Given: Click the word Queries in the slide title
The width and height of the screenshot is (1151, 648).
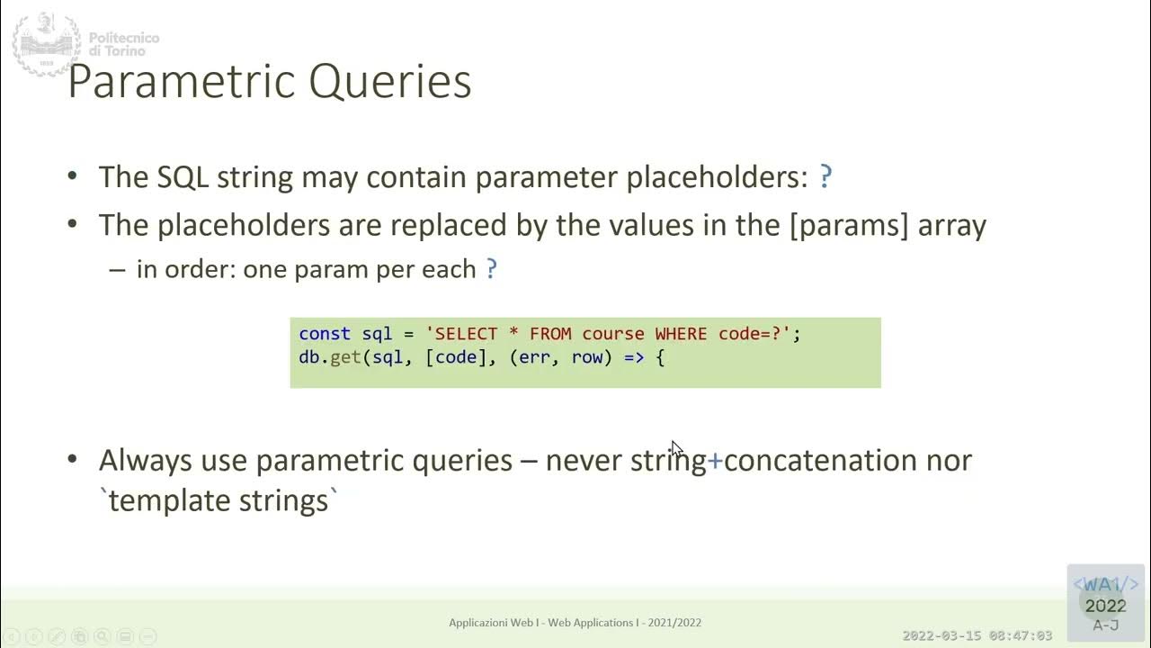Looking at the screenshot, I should (389, 82).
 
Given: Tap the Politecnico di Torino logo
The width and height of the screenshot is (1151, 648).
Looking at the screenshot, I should (47, 44).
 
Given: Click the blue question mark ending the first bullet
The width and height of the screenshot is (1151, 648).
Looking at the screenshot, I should (826, 176).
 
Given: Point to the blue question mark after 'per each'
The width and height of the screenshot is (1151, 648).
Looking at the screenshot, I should (491, 269).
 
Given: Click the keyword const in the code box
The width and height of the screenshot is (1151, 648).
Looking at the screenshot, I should (324, 334).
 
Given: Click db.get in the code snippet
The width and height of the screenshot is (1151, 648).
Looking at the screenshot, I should (329, 357).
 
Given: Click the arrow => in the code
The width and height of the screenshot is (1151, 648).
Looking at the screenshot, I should (634, 357).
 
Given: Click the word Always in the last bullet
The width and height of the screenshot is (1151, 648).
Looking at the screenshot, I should (144, 460).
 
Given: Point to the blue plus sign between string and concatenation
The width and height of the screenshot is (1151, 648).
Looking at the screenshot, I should (715, 461).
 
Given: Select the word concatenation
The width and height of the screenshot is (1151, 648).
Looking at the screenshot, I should (821, 460).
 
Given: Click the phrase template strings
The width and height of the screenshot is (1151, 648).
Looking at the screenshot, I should (219, 500).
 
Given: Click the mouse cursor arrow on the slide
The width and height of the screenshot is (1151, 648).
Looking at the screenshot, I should (676, 448).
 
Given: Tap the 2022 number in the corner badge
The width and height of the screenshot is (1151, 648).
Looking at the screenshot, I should (1105, 606).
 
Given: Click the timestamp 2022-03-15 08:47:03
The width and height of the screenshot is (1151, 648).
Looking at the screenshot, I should (977, 635).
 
